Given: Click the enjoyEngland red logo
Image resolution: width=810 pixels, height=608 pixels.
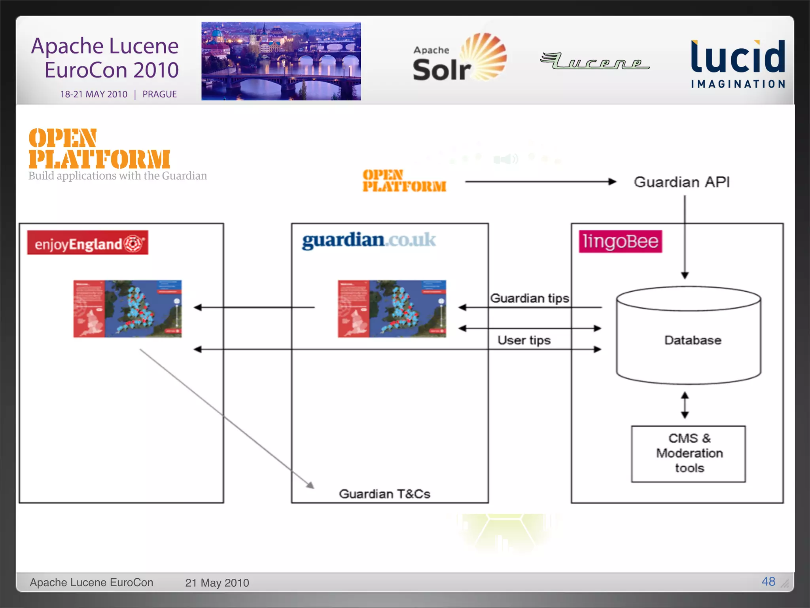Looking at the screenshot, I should (x=87, y=243).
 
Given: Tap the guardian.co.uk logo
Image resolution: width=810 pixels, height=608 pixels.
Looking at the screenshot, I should (x=369, y=240).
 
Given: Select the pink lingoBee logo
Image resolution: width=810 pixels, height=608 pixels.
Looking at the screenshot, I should (x=620, y=241).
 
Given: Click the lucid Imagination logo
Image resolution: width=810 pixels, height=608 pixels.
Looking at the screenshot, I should (x=738, y=63).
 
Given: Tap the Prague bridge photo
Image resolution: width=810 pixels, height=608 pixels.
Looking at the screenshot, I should (x=281, y=61).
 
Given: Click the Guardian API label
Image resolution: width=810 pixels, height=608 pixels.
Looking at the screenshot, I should (x=682, y=182).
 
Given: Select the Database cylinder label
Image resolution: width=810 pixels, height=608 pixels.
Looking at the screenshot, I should (x=693, y=340).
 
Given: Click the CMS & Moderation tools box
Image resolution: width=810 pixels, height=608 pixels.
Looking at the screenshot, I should (x=689, y=454).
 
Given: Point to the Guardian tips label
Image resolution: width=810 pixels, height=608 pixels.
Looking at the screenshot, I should (x=530, y=298).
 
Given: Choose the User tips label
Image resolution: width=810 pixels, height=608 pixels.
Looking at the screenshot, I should (x=524, y=340).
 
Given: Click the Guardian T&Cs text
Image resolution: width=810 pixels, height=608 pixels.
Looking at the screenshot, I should (x=384, y=494).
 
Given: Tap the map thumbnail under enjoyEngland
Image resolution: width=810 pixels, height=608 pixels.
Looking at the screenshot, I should (x=127, y=309).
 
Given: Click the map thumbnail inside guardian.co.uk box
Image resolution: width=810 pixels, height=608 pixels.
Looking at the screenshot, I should (x=392, y=309).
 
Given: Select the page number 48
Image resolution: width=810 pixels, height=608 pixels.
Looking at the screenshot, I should (x=768, y=581).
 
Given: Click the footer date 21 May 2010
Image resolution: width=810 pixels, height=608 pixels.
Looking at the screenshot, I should (x=217, y=583).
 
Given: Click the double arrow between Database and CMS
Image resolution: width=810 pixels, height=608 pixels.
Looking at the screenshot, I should (x=685, y=405).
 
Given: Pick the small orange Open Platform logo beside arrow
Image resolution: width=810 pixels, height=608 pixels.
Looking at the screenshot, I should (x=404, y=181).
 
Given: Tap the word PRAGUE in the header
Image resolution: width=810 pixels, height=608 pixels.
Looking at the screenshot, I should (x=159, y=94).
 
